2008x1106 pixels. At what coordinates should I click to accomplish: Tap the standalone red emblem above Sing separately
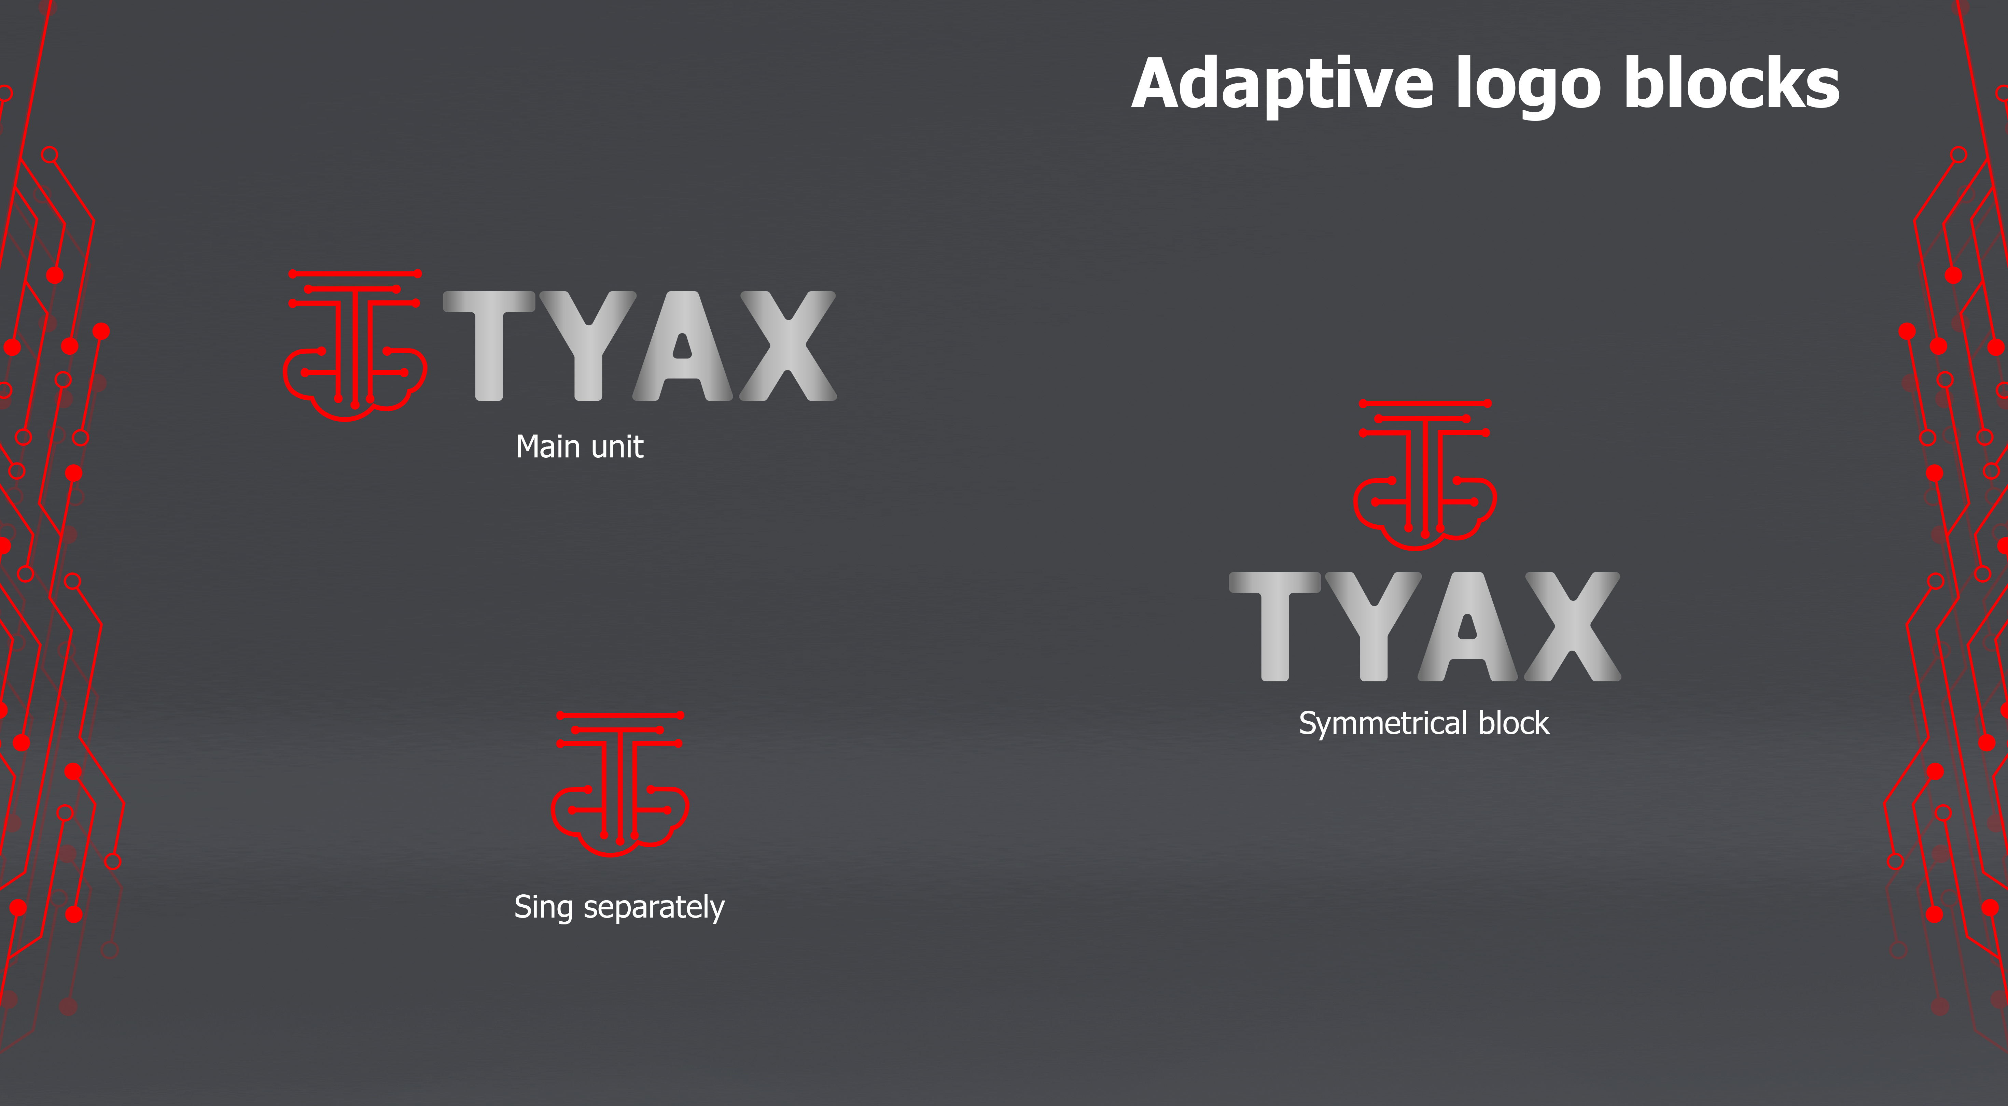pyautogui.click(x=620, y=784)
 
